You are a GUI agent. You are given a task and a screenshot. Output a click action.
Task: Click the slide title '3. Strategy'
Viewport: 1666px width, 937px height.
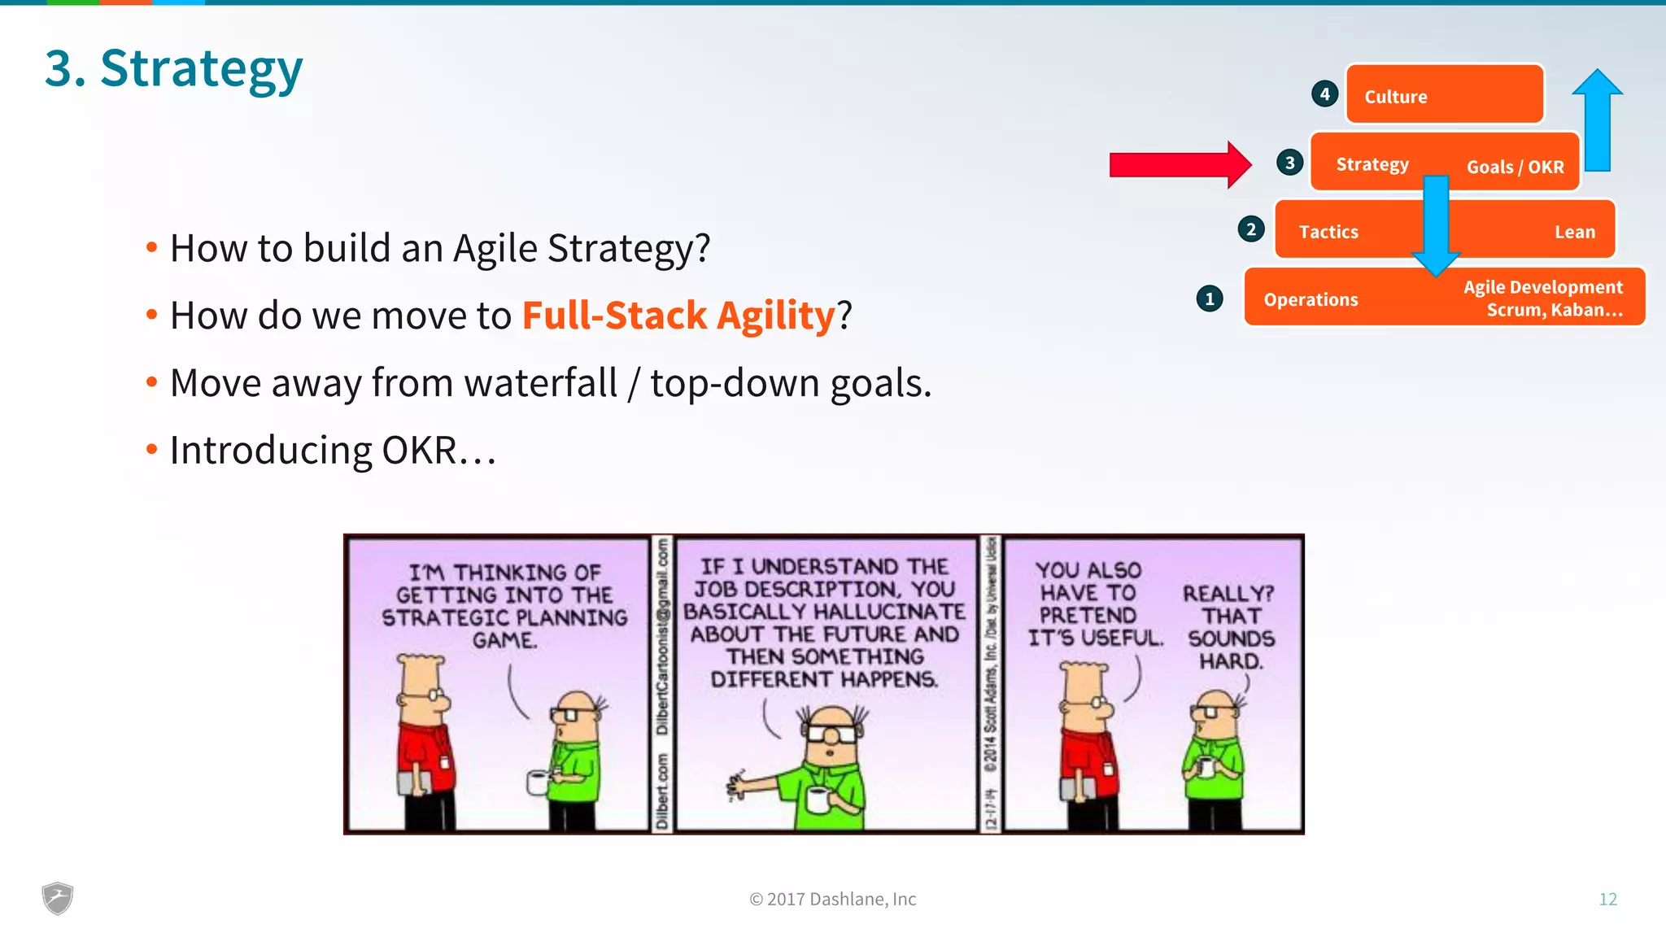[x=173, y=68]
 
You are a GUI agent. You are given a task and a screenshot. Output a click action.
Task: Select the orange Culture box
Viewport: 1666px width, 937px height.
[x=1445, y=94]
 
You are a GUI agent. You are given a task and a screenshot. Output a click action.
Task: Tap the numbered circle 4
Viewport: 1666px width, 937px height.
[x=1324, y=94]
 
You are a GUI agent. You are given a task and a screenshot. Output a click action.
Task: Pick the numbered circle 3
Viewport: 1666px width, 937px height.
[x=1289, y=163]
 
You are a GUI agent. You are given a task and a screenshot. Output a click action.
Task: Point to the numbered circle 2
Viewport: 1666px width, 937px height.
[x=1251, y=229]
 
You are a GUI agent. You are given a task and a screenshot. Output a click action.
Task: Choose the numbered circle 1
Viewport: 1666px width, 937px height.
[x=1210, y=299]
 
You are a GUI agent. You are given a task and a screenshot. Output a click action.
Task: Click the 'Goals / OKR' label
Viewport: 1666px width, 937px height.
[x=1515, y=167]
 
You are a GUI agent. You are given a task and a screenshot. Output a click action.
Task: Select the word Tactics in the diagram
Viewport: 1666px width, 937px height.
[x=1328, y=232]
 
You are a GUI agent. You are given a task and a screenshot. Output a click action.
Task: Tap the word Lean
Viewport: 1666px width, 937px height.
[x=1575, y=232]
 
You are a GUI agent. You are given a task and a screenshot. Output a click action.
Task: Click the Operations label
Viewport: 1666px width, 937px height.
[x=1311, y=299]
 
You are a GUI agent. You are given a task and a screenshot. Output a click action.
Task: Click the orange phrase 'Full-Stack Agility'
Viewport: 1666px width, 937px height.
[x=678, y=316]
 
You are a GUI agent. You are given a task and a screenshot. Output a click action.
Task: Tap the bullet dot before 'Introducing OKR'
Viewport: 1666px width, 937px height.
[x=151, y=449]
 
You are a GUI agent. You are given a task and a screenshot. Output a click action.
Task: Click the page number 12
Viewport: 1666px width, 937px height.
[x=1607, y=899]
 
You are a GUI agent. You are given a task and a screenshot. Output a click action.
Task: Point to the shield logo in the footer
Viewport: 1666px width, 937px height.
[x=58, y=898]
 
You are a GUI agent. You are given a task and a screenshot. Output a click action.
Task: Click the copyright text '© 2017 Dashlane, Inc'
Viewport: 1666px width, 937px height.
[x=832, y=899]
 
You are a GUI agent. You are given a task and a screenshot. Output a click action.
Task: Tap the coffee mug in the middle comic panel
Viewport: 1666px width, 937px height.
[x=816, y=799]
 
